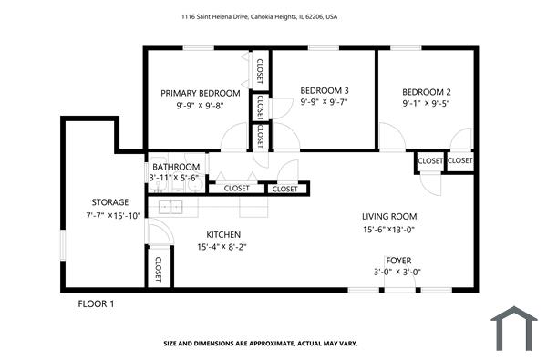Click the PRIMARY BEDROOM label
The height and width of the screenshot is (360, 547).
[201, 93]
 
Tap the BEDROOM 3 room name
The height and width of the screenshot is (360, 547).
[325, 90]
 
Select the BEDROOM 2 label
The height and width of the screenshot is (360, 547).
[427, 92]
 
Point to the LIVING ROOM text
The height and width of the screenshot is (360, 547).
[389, 216]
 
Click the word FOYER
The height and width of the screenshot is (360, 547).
[398, 260]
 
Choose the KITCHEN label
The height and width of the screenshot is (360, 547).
[223, 234]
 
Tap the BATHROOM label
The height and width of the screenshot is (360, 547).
[176, 168]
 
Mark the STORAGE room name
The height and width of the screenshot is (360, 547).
[109, 202]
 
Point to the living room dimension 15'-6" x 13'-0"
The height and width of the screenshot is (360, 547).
[388, 230]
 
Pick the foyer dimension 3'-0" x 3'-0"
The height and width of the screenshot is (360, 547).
[398, 273]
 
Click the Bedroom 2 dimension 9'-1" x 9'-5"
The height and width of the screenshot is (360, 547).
[427, 105]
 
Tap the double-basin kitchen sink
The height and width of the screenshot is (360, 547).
[170, 207]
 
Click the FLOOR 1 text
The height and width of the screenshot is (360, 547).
[96, 303]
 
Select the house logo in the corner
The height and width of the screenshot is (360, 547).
[515, 329]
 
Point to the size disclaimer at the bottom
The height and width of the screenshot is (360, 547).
[261, 344]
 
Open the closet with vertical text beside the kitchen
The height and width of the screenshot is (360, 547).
[159, 268]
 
